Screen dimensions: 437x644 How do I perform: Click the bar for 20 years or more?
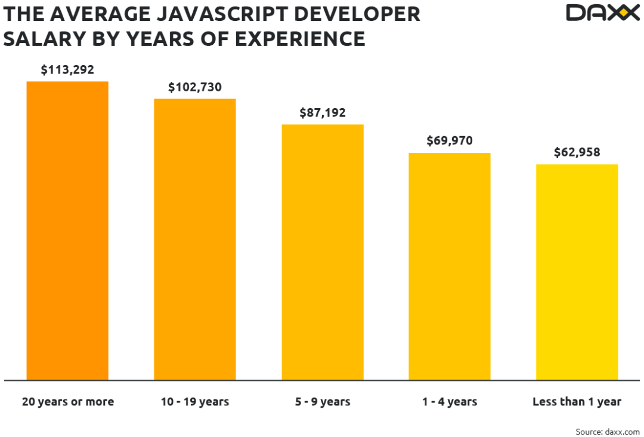pyautogui.click(x=67, y=230)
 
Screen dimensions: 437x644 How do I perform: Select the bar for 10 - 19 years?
pyautogui.click(x=194, y=239)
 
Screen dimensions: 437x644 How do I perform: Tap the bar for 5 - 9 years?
pyautogui.click(x=322, y=252)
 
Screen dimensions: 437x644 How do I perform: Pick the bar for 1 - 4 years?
pyautogui.click(x=450, y=266)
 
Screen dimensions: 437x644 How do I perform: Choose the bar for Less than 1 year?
pyautogui.click(x=577, y=272)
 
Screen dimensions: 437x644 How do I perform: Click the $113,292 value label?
pyautogui.click(x=67, y=70)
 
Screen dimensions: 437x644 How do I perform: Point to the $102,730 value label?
pyautogui.click(x=194, y=87)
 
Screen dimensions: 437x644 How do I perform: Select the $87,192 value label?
pyautogui.click(x=322, y=113)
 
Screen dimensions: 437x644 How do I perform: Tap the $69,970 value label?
pyautogui.click(x=450, y=141)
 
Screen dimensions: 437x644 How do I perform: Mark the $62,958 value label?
pyautogui.click(x=577, y=152)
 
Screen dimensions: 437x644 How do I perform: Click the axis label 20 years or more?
pyautogui.click(x=67, y=402)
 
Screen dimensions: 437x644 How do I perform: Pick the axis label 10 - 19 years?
pyautogui.click(x=194, y=402)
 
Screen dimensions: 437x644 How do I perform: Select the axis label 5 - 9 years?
pyautogui.click(x=323, y=402)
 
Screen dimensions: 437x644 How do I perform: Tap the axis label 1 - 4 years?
pyautogui.click(x=450, y=402)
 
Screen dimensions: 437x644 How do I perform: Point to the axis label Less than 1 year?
pyautogui.click(x=577, y=402)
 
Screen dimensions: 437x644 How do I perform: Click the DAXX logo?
pyautogui.click(x=602, y=13)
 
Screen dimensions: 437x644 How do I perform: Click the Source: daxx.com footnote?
pyautogui.click(x=608, y=431)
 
